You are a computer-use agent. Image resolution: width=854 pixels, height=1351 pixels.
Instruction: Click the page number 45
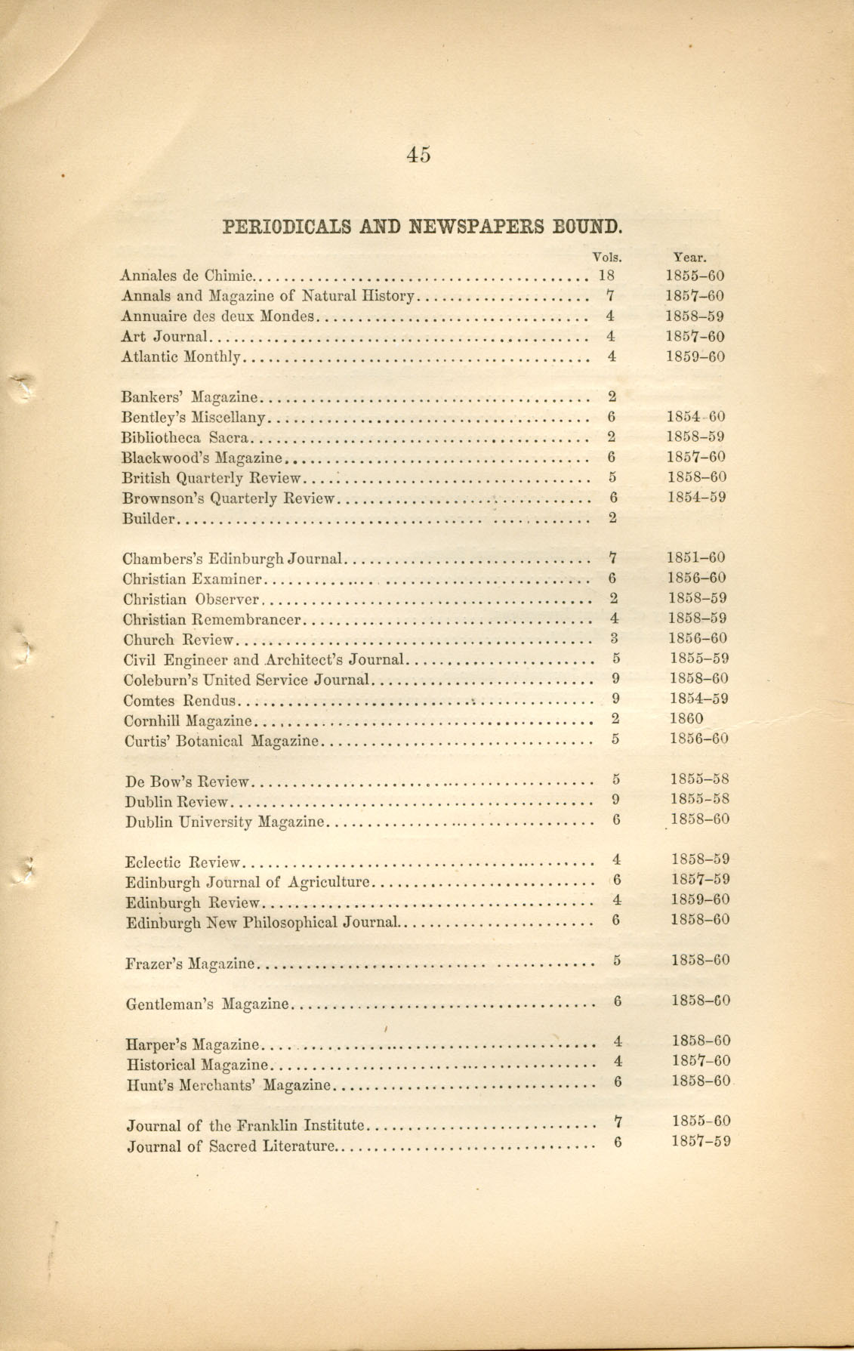point(418,155)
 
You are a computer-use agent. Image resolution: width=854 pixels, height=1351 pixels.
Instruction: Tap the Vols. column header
point(607,257)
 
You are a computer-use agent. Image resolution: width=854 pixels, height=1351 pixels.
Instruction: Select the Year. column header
point(690,257)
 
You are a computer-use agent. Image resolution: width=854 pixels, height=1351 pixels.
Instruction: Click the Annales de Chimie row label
point(189,276)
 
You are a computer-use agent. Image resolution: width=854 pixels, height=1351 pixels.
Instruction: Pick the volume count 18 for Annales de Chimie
point(607,276)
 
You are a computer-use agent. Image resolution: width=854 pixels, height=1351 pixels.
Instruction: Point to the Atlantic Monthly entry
point(180,357)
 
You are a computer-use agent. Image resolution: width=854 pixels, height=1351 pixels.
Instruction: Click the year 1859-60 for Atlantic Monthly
point(695,356)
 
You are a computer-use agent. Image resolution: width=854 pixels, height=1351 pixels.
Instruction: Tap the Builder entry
point(149,518)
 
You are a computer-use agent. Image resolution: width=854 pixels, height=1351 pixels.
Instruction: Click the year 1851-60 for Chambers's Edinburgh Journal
point(696,558)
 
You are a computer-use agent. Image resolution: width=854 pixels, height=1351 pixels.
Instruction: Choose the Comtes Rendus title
point(180,700)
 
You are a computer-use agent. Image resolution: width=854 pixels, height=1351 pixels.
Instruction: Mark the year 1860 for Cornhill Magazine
point(686,719)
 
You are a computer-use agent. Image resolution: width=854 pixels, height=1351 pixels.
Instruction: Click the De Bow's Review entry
point(187,781)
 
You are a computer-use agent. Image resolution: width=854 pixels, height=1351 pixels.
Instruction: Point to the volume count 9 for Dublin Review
point(616,799)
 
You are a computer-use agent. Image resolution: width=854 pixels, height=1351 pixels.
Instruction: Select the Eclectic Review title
point(182,862)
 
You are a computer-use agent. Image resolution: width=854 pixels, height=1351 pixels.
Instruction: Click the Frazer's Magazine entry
point(190,964)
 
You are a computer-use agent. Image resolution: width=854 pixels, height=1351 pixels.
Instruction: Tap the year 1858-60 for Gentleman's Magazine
point(700,1001)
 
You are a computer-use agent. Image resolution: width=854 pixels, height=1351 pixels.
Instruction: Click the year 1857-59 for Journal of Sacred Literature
point(701,1141)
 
